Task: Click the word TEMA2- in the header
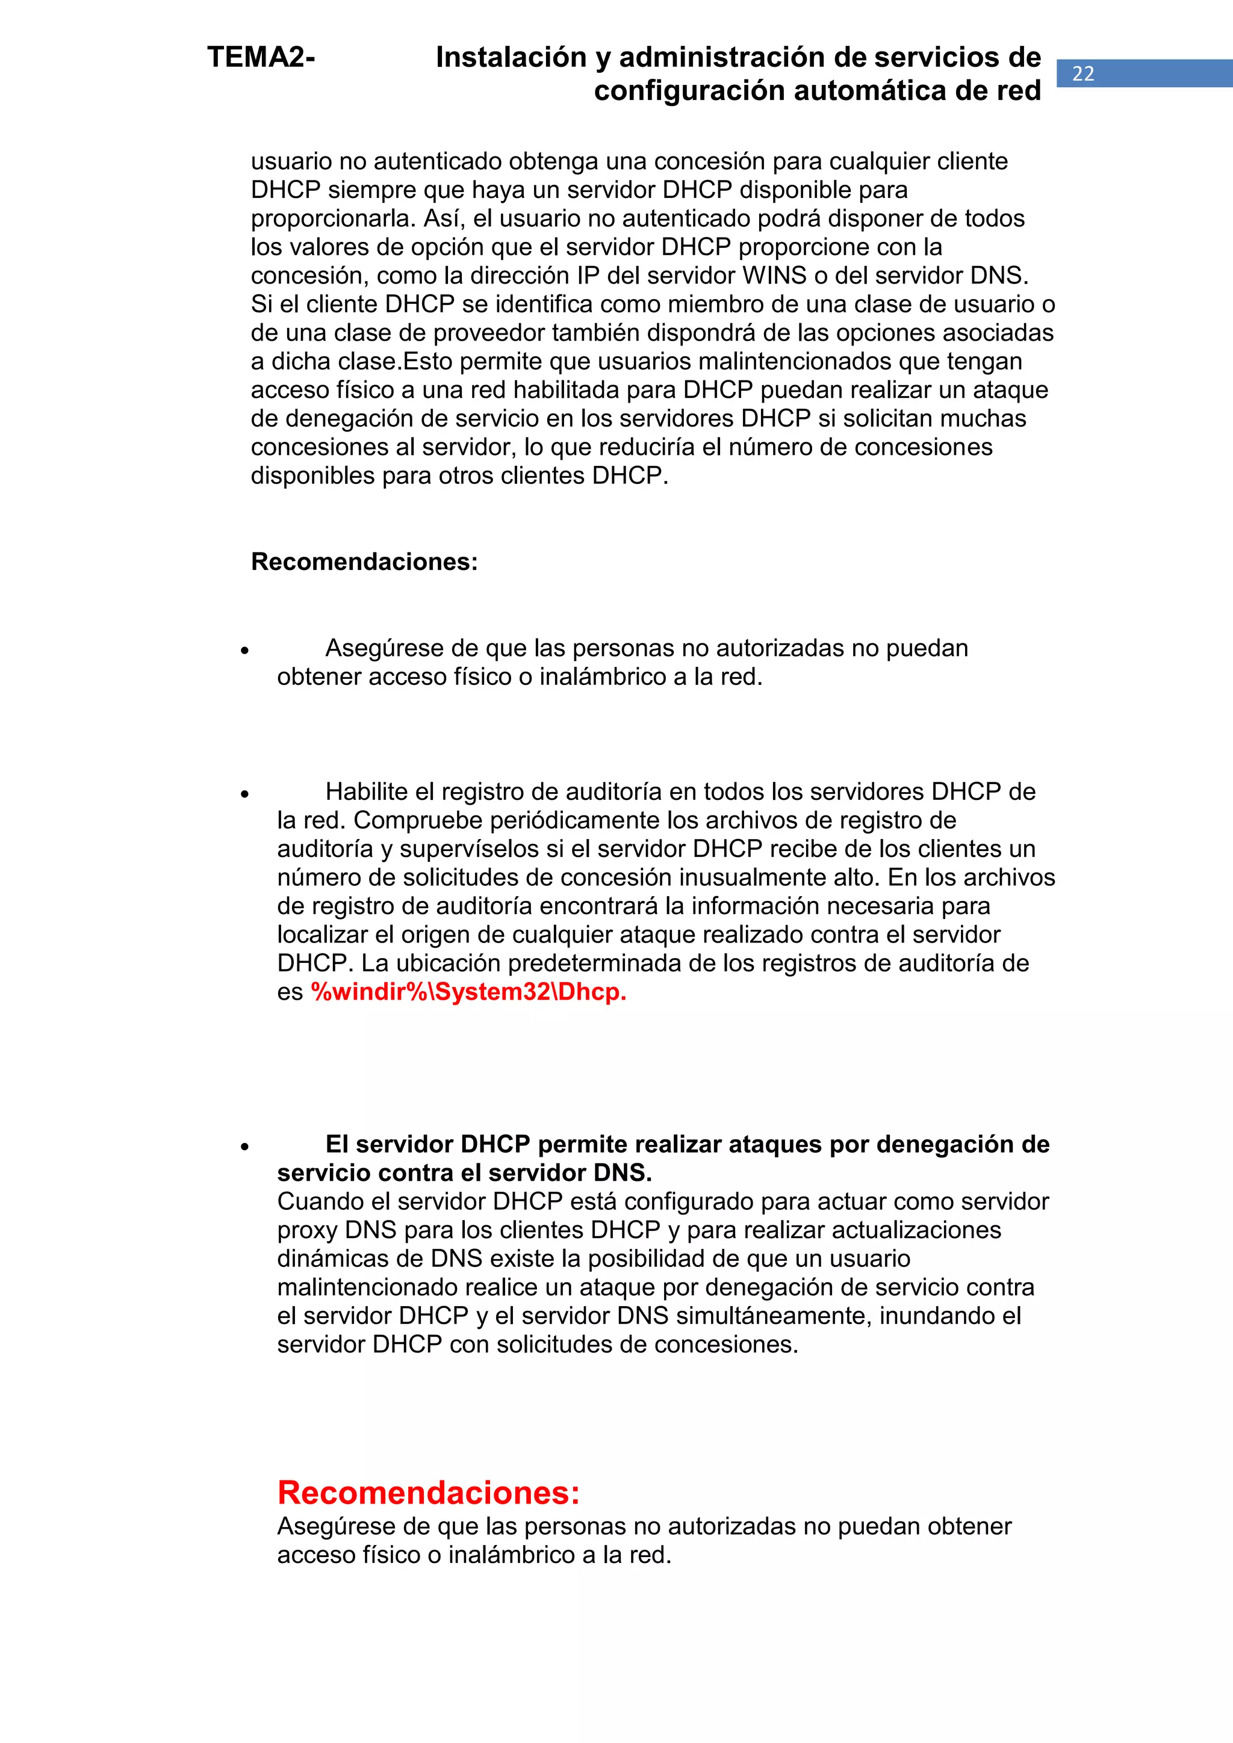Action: [x=261, y=58]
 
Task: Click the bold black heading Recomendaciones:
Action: [x=364, y=562]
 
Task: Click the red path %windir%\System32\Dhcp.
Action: [x=468, y=992]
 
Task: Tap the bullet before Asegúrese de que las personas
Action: [x=244, y=651]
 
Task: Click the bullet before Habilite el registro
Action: [x=244, y=794]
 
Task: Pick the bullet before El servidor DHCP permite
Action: [x=244, y=1147]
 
